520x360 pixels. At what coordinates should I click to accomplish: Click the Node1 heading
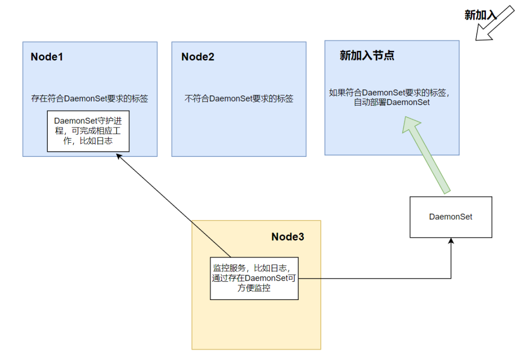click(47, 57)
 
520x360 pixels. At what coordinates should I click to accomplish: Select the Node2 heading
click(198, 57)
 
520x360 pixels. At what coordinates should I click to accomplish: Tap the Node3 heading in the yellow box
click(287, 237)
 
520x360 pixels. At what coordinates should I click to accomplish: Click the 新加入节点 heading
click(367, 56)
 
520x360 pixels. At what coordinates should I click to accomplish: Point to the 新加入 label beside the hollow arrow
click(479, 15)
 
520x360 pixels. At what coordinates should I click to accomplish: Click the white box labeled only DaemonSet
click(450, 217)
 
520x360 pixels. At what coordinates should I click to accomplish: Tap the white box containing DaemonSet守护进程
click(88, 131)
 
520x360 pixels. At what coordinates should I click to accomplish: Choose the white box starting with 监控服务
click(254, 278)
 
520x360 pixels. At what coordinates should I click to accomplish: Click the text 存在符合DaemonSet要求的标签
click(90, 99)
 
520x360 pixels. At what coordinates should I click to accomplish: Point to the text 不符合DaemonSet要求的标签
click(239, 99)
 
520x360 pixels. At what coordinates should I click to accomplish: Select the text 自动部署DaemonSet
click(392, 103)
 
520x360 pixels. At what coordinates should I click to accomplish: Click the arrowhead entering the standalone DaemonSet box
click(451, 242)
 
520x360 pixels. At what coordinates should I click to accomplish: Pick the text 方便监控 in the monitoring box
click(254, 288)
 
